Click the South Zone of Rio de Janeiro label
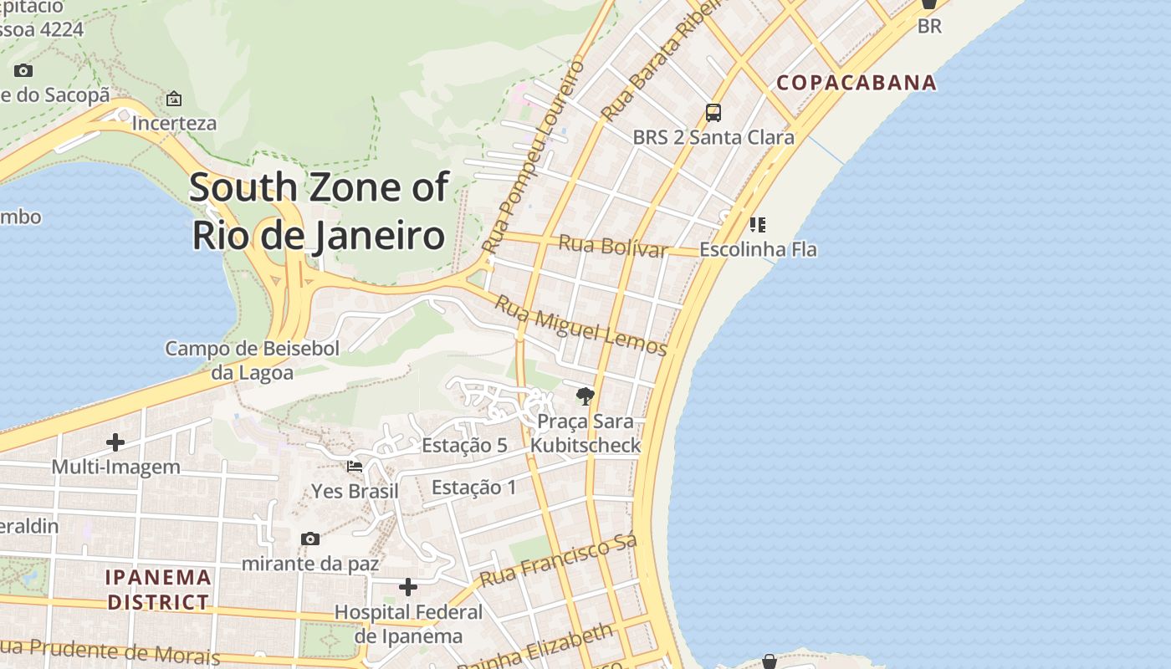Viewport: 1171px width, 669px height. [319, 211]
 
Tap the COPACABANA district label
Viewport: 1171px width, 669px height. [857, 83]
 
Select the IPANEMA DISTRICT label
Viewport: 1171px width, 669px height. [158, 590]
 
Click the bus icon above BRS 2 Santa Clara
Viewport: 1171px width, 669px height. [713, 113]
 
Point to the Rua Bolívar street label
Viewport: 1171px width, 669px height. [613, 246]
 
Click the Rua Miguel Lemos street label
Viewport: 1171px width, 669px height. [580, 325]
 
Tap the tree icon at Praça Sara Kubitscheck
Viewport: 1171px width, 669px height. [585, 396]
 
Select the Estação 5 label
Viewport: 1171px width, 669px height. [464, 445]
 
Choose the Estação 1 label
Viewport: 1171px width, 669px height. [474, 487]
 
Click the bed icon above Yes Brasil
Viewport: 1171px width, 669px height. [355, 467]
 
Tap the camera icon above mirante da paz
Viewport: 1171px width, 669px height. [310, 539]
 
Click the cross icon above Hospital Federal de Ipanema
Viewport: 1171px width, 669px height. [408, 587]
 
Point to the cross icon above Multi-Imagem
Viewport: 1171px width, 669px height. [115, 442]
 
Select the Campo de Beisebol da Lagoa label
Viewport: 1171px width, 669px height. [252, 360]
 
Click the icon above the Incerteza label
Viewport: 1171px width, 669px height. [174, 99]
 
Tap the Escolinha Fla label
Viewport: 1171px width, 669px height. [758, 249]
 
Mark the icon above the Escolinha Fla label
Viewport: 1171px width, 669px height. [758, 224]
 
